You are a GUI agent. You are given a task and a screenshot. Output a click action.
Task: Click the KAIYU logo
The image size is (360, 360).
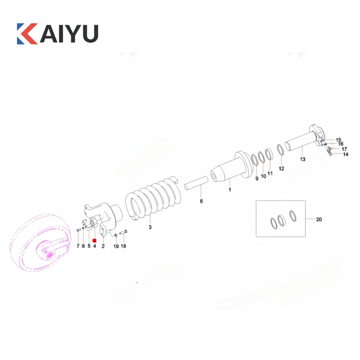click(58, 33)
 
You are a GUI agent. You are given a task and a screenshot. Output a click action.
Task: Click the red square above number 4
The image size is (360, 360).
click(94, 241)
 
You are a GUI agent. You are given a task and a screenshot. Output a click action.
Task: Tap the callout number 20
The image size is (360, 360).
click(319, 220)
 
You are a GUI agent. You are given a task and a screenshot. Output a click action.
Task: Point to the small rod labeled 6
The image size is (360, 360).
click(196, 183)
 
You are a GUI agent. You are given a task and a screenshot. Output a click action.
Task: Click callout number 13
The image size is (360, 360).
click(302, 159)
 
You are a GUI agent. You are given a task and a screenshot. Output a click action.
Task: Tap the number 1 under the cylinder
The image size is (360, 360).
click(229, 190)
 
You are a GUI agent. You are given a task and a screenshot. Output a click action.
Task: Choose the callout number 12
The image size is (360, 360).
click(281, 168)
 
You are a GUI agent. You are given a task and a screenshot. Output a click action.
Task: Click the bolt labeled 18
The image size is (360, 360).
click(123, 232)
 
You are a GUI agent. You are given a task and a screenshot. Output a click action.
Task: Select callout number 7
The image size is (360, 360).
click(78, 246)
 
